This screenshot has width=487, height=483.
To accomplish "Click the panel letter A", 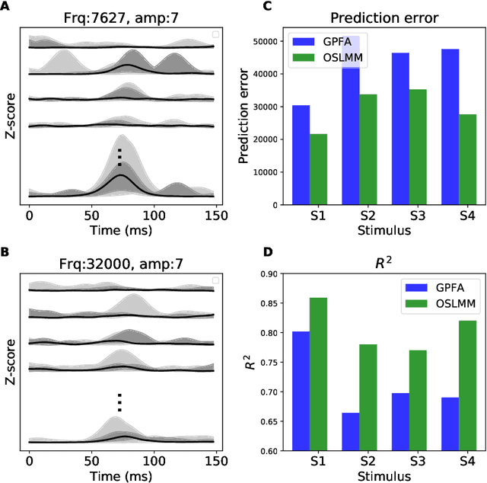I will tap(6, 7).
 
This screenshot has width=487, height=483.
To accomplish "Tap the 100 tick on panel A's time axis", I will tap(154, 216).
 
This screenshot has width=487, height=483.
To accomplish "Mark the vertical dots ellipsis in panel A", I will tap(119, 157).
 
